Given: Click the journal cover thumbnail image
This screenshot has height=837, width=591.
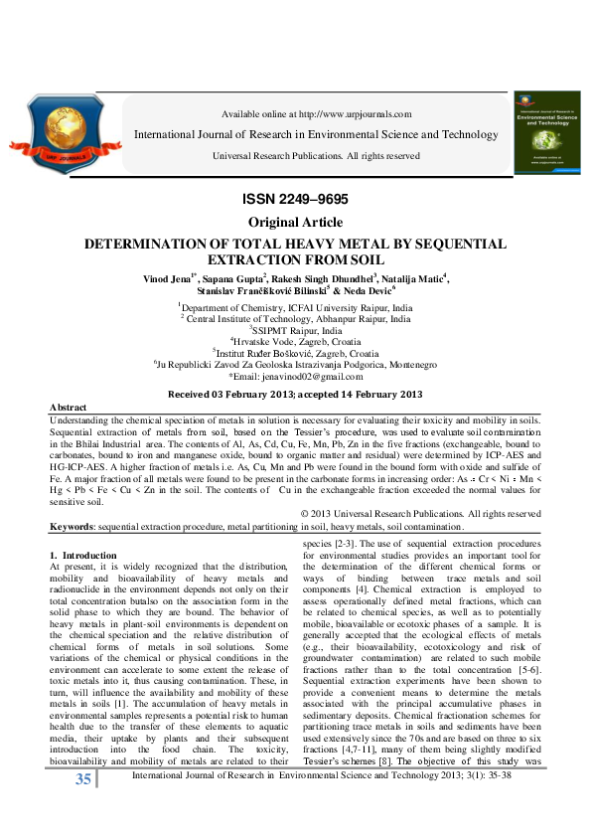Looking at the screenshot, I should (544, 133).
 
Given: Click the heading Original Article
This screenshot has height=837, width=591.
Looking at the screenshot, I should (295, 223).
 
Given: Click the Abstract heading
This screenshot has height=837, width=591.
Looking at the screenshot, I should (69, 409).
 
